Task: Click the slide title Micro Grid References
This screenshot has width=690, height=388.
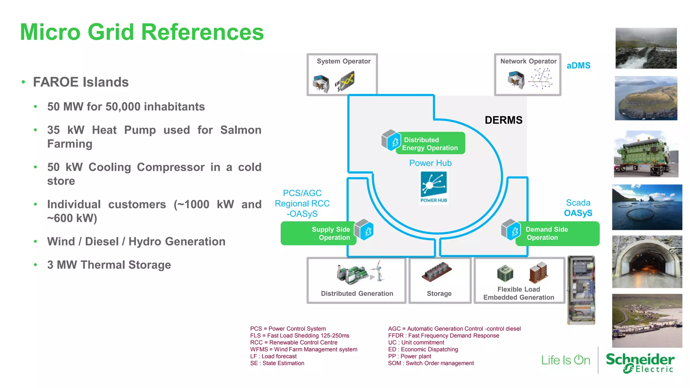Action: [142, 32]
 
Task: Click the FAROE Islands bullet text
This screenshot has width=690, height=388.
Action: [81, 82]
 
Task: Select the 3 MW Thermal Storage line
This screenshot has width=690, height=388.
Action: [109, 265]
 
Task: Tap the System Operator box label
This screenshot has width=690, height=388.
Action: [343, 61]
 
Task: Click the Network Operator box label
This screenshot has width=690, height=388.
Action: [528, 61]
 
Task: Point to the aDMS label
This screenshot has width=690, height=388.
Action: [578, 66]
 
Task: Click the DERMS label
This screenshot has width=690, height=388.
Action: [503, 120]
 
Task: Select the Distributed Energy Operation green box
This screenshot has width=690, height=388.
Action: [430, 144]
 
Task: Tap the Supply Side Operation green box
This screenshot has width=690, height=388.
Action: [318, 233]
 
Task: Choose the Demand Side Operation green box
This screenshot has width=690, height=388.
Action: [557, 233]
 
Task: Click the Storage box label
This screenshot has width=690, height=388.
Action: [439, 293]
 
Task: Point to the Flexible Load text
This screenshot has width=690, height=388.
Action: [519, 289]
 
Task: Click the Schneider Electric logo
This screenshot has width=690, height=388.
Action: [640, 362]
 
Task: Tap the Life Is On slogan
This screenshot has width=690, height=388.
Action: [566, 360]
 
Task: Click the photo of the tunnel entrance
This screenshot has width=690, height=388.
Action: [647, 262]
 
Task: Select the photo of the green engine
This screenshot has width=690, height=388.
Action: [646, 154]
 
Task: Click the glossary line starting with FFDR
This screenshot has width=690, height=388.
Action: [443, 335]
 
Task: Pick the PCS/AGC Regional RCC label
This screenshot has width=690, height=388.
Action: [302, 203]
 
